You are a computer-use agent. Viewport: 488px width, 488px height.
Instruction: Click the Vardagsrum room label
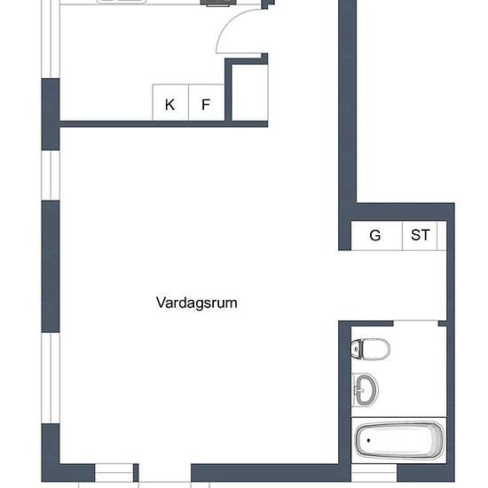click(196, 303)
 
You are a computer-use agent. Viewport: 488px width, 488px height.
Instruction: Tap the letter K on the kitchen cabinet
click(169, 105)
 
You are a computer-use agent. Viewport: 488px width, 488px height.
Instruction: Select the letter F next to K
click(206, 105)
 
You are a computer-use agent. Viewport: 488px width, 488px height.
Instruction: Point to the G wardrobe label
click(375, 235)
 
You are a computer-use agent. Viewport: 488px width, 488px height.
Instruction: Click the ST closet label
click(420, 235)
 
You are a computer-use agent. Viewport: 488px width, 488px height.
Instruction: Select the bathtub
click(398, 439)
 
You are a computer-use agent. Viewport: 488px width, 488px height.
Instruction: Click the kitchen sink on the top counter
click(120, 2)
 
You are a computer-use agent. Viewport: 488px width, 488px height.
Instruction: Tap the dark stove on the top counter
click(214, 3)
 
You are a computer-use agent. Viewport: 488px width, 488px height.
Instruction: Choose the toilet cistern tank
click(357, 348)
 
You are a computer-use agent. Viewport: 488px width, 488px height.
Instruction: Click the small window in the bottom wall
click(114, 476)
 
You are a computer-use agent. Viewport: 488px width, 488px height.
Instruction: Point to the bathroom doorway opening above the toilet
click(417, 321)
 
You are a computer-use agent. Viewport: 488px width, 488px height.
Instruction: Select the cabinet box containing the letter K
click(169, 102)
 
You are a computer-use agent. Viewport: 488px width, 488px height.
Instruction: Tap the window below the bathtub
click(374, 476)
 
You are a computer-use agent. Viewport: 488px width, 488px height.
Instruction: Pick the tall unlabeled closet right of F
click(249, 91)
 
